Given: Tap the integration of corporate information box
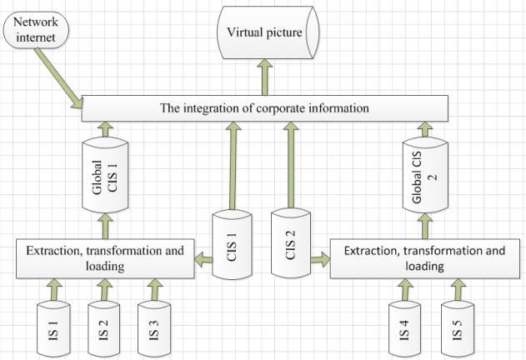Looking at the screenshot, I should [x=264, y=108].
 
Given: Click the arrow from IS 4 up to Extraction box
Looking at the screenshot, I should [x=405, y=288].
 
